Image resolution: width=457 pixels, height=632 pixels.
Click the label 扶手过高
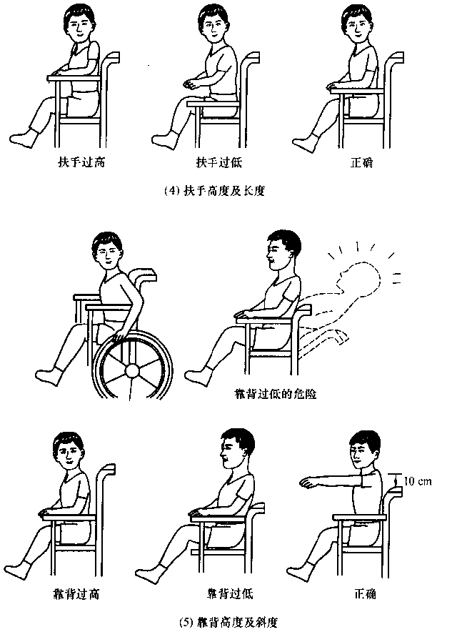click(81, 162)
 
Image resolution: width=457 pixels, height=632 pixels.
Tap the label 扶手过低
click(219, 162)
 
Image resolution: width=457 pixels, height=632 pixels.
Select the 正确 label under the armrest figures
click(361, 162)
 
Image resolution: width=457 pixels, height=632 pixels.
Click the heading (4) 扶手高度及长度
click(215, 190)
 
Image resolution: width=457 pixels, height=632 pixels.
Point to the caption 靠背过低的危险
click(276, 393)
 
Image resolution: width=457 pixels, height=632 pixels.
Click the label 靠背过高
click(76, 594)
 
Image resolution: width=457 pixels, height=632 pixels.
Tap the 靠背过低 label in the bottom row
click(230, 593)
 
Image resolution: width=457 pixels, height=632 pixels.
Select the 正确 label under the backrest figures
click(365, 593)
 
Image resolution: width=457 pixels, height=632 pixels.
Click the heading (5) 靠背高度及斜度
click(228, 622)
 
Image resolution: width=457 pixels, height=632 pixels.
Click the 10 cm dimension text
click(417, 481)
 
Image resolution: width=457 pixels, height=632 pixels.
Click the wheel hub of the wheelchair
click(131, 370)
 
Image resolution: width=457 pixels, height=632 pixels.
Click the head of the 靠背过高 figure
click(68, 450)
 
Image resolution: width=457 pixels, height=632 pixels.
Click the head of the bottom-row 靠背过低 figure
click(237, 448)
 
